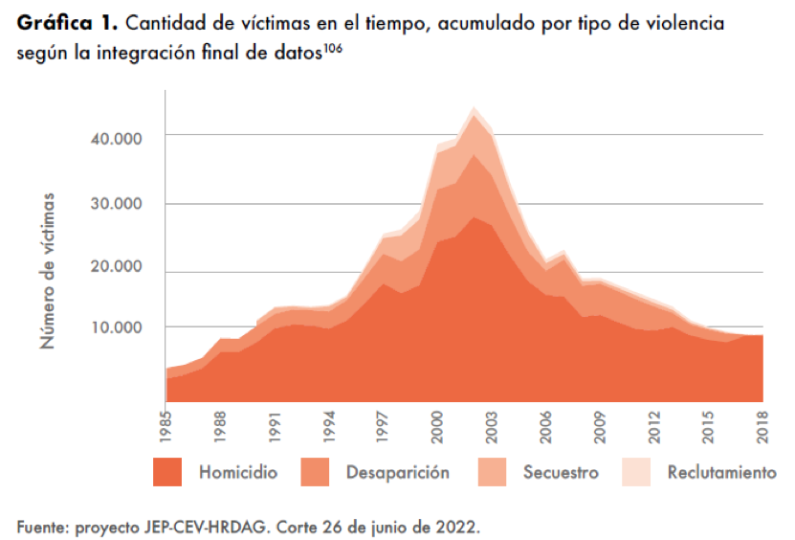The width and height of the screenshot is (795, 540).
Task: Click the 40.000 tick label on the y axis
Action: coord(116,139)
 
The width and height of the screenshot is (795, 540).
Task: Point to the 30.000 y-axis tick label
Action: coord(116,204)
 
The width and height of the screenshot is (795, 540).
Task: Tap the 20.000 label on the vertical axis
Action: coord(116,266)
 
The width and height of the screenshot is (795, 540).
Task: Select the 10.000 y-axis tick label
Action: coord(116,327)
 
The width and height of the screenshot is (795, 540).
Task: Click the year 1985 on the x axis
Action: coord(166,427)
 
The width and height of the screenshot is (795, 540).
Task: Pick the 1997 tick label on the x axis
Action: coord(383,427)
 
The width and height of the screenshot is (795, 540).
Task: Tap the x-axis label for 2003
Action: coord(492,427)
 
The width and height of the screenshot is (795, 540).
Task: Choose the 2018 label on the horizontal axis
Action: coord(762,427)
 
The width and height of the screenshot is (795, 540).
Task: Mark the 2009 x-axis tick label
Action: coord(600,427)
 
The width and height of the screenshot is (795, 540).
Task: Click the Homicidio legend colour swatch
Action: coord(167,472)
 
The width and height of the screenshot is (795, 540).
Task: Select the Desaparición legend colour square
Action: coord(315,472)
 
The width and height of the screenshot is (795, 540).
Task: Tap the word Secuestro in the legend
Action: coord(561,473)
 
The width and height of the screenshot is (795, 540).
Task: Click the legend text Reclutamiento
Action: coord(722,473)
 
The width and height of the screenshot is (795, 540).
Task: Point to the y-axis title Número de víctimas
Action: coord(47,271)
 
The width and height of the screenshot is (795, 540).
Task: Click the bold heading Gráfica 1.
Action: coord(67,23)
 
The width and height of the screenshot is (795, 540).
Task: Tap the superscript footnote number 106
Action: coord(333,48)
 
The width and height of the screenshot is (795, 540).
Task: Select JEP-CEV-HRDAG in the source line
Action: coord(205,527)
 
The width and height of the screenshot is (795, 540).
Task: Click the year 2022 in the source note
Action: coord(458,527)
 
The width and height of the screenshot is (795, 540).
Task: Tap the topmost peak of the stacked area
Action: coord(474,107)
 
